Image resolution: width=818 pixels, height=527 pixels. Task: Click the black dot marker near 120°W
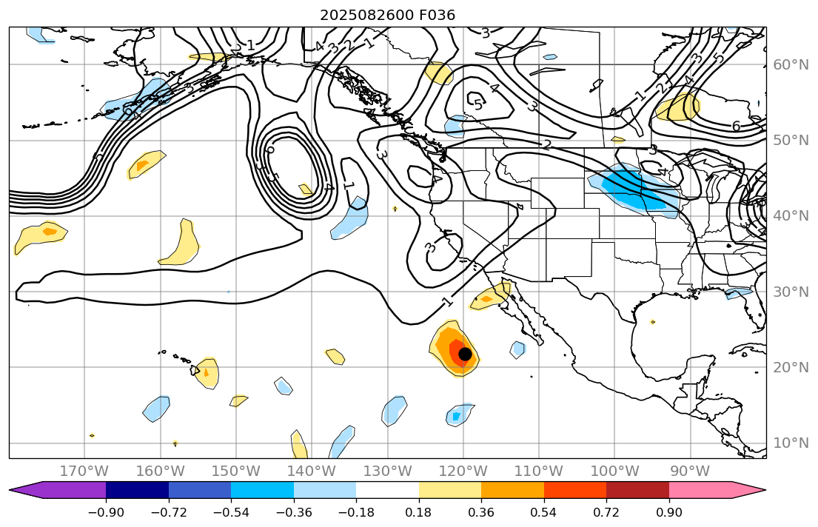465,354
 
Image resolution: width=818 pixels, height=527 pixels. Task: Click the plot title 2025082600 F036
387,15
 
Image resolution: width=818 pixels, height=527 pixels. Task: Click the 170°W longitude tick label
84,471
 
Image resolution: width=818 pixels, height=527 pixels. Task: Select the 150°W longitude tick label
236,471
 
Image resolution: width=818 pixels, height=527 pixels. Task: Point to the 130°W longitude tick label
388,471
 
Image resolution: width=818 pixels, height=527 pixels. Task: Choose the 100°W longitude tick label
615,471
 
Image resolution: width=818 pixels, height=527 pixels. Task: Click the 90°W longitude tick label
689,471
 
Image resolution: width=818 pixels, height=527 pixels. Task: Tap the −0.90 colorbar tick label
106,512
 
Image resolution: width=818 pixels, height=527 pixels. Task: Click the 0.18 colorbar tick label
419,512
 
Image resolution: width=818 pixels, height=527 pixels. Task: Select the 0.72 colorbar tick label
606,512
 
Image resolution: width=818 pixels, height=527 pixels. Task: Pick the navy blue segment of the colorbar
137,490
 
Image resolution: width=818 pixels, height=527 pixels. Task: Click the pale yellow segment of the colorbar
450,490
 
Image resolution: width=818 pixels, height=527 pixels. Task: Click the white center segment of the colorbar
387,490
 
